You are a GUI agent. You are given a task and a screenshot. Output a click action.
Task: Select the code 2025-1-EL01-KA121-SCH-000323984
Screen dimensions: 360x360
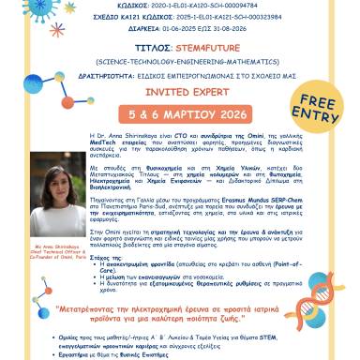pos(233,16)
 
